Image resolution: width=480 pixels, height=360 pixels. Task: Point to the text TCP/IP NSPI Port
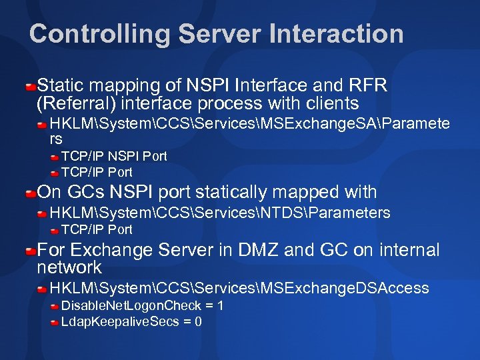tap(114, 156)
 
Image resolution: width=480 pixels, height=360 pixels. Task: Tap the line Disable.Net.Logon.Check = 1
tap(142, 306)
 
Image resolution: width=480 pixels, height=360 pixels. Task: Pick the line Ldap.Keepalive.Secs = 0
tap(131, 322)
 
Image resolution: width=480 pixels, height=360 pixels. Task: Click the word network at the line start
tap(69, 268)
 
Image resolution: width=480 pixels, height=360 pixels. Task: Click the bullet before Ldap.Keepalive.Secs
tap(55, 323)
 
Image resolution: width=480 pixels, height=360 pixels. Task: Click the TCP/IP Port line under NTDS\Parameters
tap(97, 229)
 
